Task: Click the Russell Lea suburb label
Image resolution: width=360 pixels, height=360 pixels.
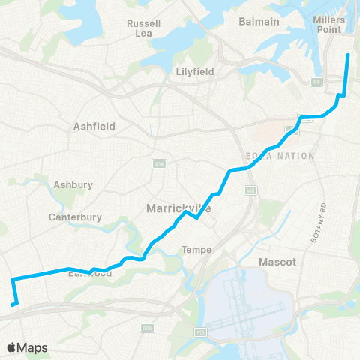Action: [144, 28]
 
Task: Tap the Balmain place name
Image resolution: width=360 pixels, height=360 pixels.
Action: [259, 21]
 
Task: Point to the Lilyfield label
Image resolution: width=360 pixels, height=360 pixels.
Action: [194, 71]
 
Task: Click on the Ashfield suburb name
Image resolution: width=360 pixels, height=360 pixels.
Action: [94, 127]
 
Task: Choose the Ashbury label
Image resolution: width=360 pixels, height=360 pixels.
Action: [73, 184]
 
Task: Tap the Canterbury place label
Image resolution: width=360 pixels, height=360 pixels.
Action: [74, 217]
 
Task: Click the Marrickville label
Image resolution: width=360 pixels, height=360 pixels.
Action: [177, 208]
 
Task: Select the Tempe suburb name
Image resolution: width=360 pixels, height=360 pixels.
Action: [196, 250]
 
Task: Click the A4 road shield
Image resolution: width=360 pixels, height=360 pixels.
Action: [316, 81]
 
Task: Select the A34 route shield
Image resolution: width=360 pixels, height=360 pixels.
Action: [158, 163]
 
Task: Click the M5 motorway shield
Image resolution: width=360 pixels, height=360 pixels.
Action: [200, 331]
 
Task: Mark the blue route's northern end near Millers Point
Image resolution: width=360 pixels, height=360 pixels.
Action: [348, 55]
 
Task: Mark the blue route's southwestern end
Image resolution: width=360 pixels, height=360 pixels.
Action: [13, 304]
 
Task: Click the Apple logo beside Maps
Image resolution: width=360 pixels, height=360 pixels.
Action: [12, 347]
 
